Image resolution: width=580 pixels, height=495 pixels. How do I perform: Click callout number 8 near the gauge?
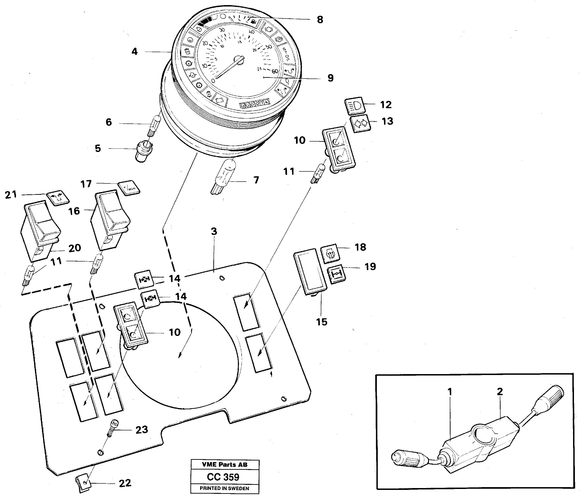pyautogui.click(x=320, y=20)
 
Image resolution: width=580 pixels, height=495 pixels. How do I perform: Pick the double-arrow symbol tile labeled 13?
pyautogui.click(x=360, y=123)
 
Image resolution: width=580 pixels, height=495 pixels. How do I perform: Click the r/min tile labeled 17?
pyautogui.click(x=129, y=188)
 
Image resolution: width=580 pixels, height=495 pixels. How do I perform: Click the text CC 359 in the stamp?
pyautogui.click(x=223, y=477)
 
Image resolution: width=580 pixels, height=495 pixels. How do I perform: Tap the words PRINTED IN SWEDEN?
pyautogui.click(x=224, y=488)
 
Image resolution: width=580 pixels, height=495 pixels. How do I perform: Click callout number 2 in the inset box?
pyautogui.click(x=500, y=392)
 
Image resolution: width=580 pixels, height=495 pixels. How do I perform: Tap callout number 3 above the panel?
pyautogui.click(x=214, y=231)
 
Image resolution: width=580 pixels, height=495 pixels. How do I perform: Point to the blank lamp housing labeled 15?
pyautogui.click(x=310, y=271)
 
